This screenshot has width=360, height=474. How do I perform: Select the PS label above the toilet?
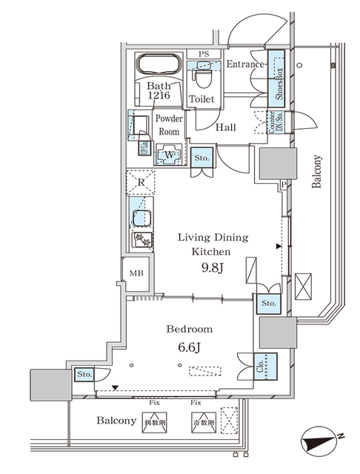pyautogui.click(x=203, y=53)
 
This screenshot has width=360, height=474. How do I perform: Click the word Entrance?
pyautogui.click(x=245, y=64)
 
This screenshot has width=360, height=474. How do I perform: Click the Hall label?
pyautogui.click(x=226, y=127)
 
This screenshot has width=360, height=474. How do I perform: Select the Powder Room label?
pyautogui.click(x=169, y=124)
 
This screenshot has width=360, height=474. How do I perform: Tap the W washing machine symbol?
pyautogui.click(x=170, y=155)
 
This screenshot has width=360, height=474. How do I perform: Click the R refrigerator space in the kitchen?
pyautogui.click(x=140, y=181)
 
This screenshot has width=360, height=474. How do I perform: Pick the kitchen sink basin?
pyautogui.click(x=139, y=218)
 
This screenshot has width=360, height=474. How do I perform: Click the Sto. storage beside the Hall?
pyautogui.click(x=201, y=158)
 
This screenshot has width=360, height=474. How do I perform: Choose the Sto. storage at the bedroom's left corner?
pyautogui.click(x=84, y=375)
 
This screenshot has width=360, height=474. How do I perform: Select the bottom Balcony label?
pyautogui.click(x=116, y=421)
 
